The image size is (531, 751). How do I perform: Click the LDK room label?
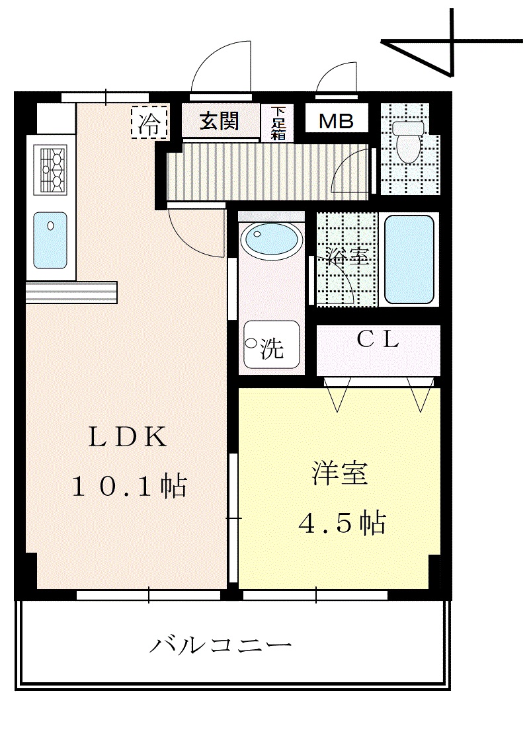pyautogui.click(x=128, y=437)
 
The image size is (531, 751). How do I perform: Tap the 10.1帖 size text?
pyautogui.click(x=130, y=486)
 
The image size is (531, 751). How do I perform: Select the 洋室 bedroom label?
pyautogui.click(x=340, y=473)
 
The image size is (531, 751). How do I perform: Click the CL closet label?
pyautogui.click(x=378, y=340)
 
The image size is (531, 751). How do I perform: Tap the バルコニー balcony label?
pyautogui.click(x=221, y=645)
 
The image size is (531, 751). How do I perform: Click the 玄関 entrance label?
pyautogui.click(x=219, y=120)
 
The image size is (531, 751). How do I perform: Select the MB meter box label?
pyautogui.click(x=337, y=121)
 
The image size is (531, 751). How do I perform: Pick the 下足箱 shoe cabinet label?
pyautogui.click(x=278, y=123)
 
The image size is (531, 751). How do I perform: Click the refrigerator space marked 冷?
pyautogui.click(x=149, y=122)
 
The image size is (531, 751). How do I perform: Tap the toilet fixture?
pyautogui.click(x=408, y=141)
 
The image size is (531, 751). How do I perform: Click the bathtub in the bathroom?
pyautogui.click(x=409, y=259)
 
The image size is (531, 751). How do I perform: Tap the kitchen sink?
pyautogui.click(x=50, y=241)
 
